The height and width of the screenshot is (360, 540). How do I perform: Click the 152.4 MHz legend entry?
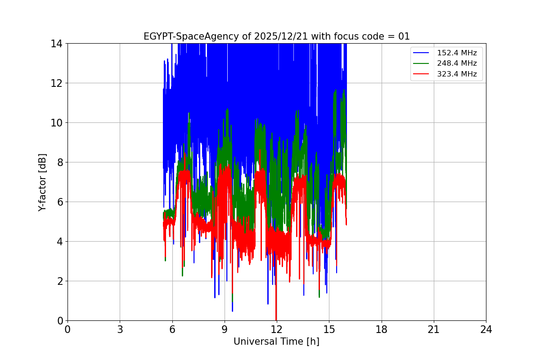point(457,53)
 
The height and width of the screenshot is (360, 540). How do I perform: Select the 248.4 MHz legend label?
point(457,63)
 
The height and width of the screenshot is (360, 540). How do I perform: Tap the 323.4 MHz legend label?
point(457,74)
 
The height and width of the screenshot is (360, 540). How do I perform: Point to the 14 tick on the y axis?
point(56,44)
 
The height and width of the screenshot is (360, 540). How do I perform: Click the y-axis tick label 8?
point(59,162)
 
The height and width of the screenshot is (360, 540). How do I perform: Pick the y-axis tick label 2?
point(59,281)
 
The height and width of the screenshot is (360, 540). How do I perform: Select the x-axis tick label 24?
point(486,329)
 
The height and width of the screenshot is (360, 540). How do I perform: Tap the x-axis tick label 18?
point(382,329)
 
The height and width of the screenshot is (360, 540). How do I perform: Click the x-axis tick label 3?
point(120,329)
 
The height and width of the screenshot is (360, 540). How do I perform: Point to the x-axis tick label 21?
point(434,329)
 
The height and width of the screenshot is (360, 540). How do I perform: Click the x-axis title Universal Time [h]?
point(276,342)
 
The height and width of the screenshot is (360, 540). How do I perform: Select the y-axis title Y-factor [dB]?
point(42,182)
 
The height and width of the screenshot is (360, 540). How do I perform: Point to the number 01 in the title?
point(404,36)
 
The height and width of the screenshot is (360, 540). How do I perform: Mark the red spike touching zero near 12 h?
point(276,318)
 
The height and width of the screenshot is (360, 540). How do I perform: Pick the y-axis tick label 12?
point(56,83)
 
